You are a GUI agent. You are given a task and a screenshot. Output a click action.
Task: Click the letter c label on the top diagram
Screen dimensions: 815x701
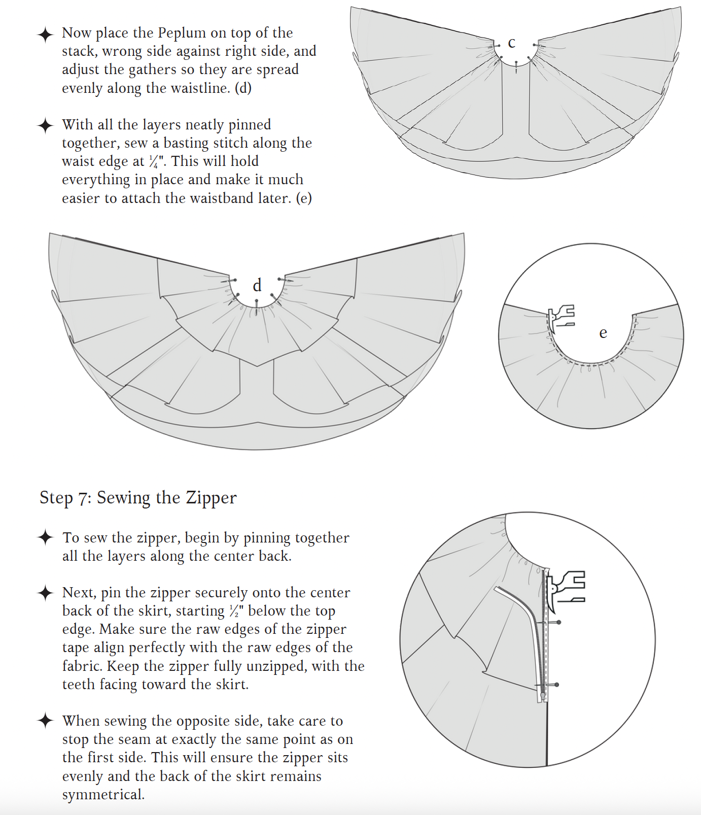pyautogui.click(x=512, y=44)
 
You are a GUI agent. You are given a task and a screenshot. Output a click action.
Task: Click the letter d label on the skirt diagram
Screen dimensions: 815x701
pyautogui.click(x=257, y=286)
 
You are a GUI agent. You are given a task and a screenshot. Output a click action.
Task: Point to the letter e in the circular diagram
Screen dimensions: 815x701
pyautogui.click(x=603, y=333)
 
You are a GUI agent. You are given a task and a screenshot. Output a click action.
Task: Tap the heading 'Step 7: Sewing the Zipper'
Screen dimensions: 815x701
pyautogui.click(x=138, y=498)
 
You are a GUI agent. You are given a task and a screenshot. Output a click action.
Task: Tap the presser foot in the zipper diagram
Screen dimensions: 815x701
pyautogui.click(x=568, y=589)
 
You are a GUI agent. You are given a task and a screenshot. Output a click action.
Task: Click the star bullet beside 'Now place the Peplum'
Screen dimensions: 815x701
pyautogui.click(x=46, y=35)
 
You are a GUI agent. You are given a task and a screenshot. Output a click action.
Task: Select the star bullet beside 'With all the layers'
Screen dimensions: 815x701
pyautogui.click(x=46, y=125)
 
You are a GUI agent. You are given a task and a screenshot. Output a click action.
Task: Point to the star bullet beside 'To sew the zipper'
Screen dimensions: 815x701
pyautogui.click(x=46, y=537)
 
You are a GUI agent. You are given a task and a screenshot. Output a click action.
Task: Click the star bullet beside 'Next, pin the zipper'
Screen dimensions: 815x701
pyautogui.click(x=46, y=592)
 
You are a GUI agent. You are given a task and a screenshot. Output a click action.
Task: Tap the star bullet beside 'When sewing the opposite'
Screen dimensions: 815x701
pyautogui.click(x=46, y=721)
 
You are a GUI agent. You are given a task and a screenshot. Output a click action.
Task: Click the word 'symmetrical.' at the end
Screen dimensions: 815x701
pyautogui.click(x=103, y=795)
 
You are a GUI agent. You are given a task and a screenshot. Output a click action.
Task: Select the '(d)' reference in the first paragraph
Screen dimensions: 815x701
pyautogui.click(x=243, y=88)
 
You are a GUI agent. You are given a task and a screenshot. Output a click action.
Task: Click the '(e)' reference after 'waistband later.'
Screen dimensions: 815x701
pyautogui.click(x=304, y=198)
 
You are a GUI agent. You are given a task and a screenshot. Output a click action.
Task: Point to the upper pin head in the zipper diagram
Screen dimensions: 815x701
pyautogui.click(x=559, y=622)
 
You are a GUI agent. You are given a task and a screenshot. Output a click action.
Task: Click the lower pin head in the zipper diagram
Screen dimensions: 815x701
pyautogui.click(x=557, y=685)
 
